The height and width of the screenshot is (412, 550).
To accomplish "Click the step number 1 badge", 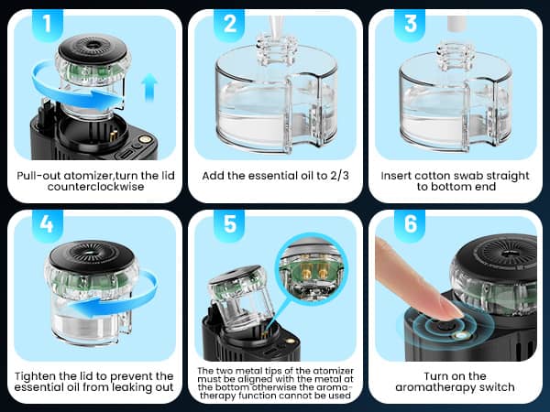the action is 48,24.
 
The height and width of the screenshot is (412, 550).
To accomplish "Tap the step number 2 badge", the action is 229,24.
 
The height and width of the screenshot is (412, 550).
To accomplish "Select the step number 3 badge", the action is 410,24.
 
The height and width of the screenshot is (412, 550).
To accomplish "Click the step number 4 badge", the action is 48,224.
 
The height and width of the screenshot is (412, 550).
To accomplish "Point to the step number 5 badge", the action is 229,224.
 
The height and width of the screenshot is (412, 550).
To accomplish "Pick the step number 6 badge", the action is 410,224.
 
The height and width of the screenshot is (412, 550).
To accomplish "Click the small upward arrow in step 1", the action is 149,88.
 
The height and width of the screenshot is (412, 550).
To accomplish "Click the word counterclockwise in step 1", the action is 95,187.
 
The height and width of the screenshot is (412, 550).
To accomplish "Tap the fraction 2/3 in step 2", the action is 339,176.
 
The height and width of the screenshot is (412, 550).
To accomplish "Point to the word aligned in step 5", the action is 255,379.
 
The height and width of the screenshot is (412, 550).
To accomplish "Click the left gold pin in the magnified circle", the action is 305,268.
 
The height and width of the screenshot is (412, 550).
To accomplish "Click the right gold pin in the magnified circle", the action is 322,268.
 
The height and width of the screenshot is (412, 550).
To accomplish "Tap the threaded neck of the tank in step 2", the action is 277,49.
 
